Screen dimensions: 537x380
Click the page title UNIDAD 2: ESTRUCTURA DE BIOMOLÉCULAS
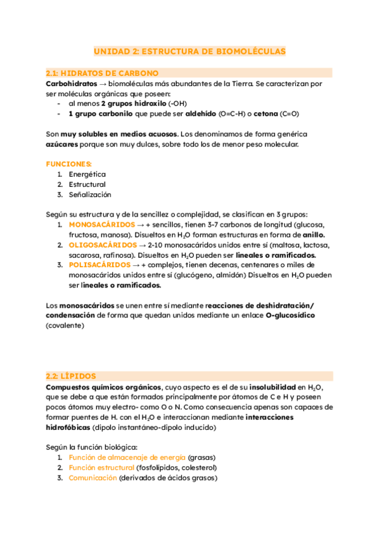[190, 51]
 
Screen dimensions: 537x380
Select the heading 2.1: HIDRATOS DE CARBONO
[103, 73]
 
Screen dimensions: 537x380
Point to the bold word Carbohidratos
[69, 83]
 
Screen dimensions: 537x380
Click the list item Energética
[87, 174]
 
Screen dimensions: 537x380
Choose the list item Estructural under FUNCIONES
[87, 184]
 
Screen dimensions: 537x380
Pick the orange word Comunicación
[92, 478]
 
